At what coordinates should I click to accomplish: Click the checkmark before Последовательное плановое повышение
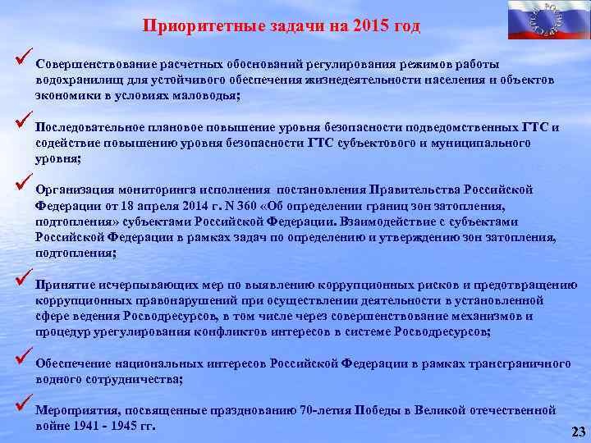(x=22, y=125)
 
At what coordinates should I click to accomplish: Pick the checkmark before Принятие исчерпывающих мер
(x=22, y=284)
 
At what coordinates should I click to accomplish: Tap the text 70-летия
(x=327, y=409)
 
